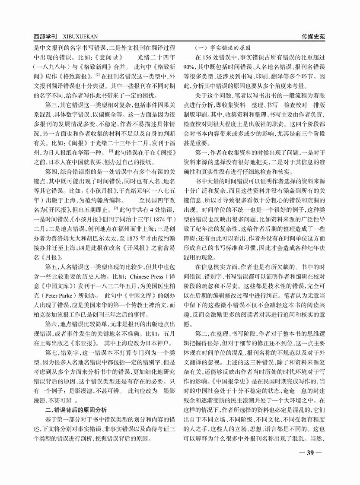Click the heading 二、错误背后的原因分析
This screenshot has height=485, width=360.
pos(76,409)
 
